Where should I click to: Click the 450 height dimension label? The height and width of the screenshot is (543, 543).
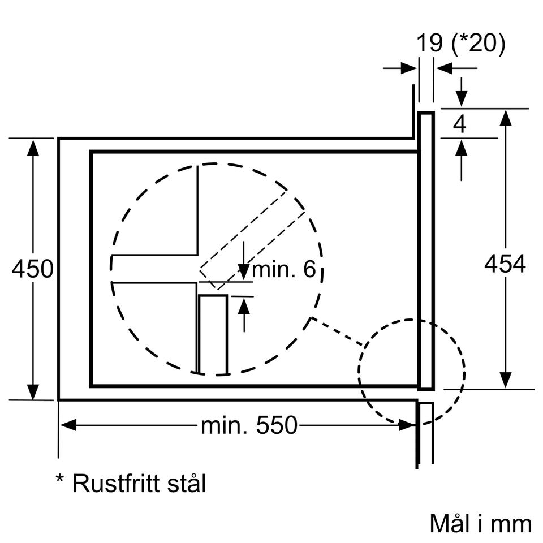pos(33,269)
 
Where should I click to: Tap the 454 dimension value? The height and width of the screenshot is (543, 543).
pos(505,264)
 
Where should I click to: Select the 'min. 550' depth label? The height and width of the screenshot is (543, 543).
pos(249,425)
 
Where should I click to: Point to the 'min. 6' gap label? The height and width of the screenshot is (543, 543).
pos(284,269)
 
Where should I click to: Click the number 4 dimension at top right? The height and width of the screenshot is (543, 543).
pos(460,124)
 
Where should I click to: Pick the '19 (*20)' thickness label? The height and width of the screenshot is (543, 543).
pos(460,44)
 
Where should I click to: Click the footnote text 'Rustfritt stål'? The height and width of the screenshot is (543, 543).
pos(139,484)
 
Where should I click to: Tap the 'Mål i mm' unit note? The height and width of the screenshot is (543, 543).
pos(481,523)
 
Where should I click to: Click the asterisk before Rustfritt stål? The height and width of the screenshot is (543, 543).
pos(59,479)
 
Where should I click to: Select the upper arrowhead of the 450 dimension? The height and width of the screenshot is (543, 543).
pos(33,148)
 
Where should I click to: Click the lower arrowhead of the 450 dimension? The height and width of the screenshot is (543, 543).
pos(33,391)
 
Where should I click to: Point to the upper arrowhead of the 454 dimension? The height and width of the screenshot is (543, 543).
pos(506,118)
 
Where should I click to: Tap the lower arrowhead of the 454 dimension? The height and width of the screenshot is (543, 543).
pos(506,380)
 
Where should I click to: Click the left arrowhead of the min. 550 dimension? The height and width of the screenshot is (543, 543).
pos(68,425)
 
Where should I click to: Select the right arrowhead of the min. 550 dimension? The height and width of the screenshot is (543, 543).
pos(407,425)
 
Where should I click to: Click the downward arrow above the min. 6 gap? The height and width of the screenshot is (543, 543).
pos(244,260)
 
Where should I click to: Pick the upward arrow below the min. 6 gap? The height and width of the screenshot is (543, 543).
pos(244,315)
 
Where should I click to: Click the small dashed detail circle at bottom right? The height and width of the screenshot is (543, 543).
pos(359,372)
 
